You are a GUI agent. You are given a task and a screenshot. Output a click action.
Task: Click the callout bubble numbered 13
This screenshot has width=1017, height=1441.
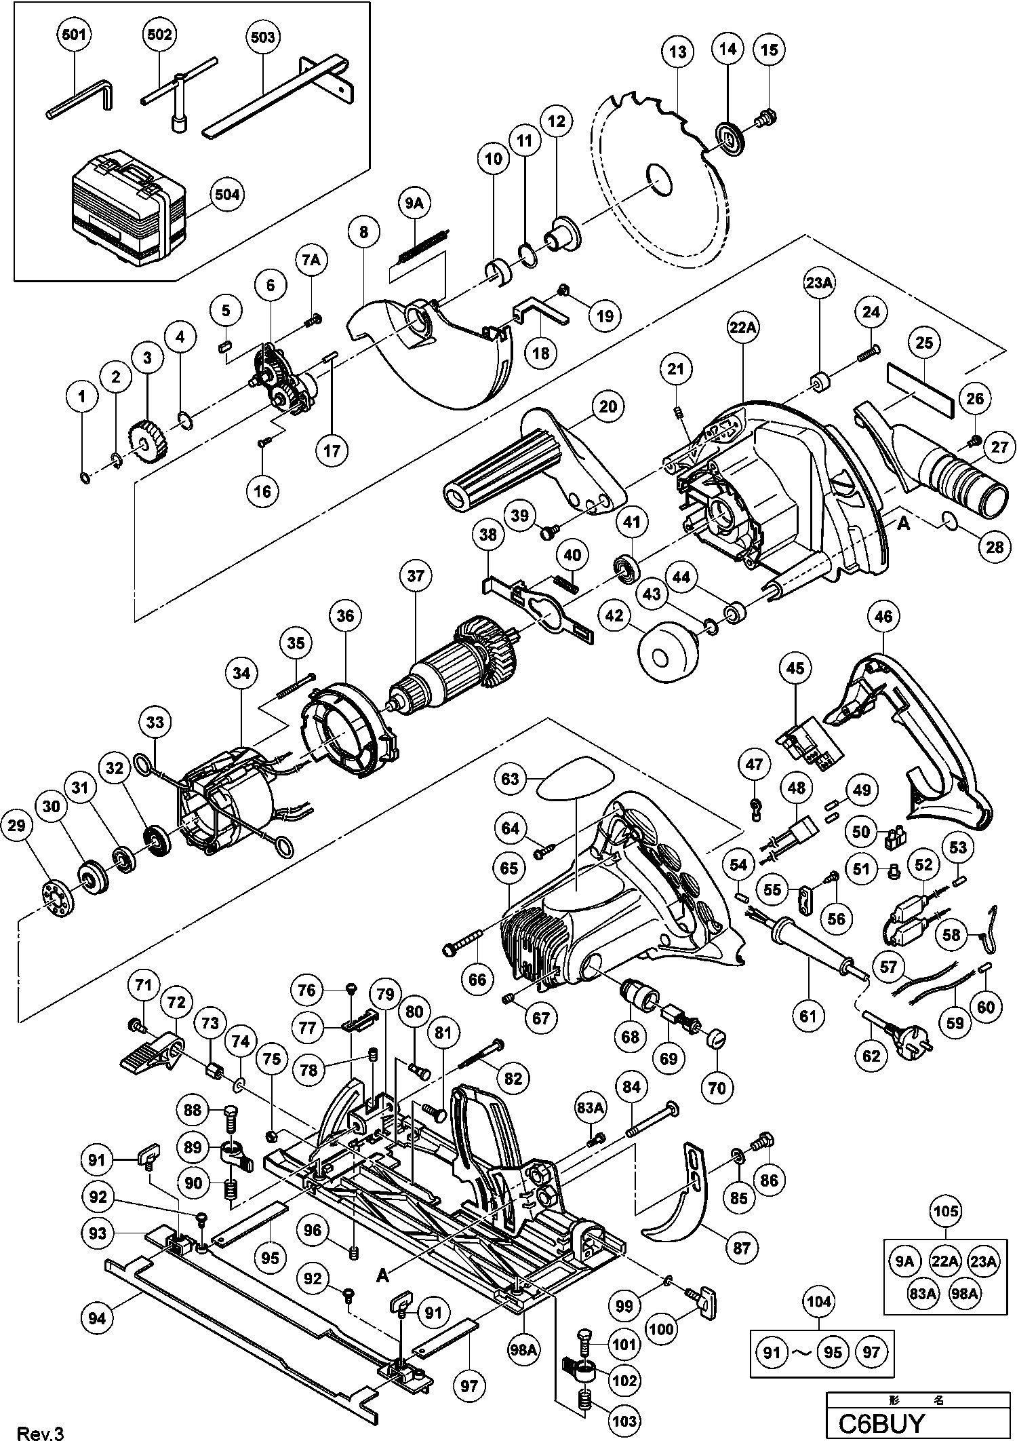click(678, 52)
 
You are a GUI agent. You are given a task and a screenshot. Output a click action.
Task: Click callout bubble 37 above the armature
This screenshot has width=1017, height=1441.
click(415, 576)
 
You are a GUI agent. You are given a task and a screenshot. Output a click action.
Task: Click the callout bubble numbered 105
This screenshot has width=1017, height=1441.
click(946, 1210)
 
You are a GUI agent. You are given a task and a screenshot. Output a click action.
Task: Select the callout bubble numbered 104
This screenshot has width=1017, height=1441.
click(820, 1301)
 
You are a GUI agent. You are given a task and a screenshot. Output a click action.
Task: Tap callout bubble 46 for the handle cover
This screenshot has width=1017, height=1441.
click(883, 616)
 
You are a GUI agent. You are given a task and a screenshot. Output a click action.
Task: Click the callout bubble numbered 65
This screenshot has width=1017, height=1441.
click(509, 868)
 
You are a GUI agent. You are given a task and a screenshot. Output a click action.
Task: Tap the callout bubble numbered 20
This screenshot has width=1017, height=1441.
click(608, 406)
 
